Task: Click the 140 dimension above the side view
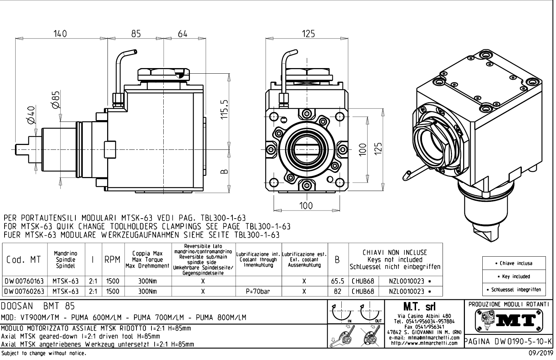[x=60, y=34]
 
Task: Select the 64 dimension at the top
[x=182, y=34]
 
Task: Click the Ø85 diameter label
[x=56, y=100]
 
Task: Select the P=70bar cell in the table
[x=258, y=291]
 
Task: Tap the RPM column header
[x=112, y=260]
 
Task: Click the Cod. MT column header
[x=23, y=260]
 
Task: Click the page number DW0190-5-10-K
[x=509, y=341]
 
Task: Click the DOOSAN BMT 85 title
[x=38, y=306]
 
